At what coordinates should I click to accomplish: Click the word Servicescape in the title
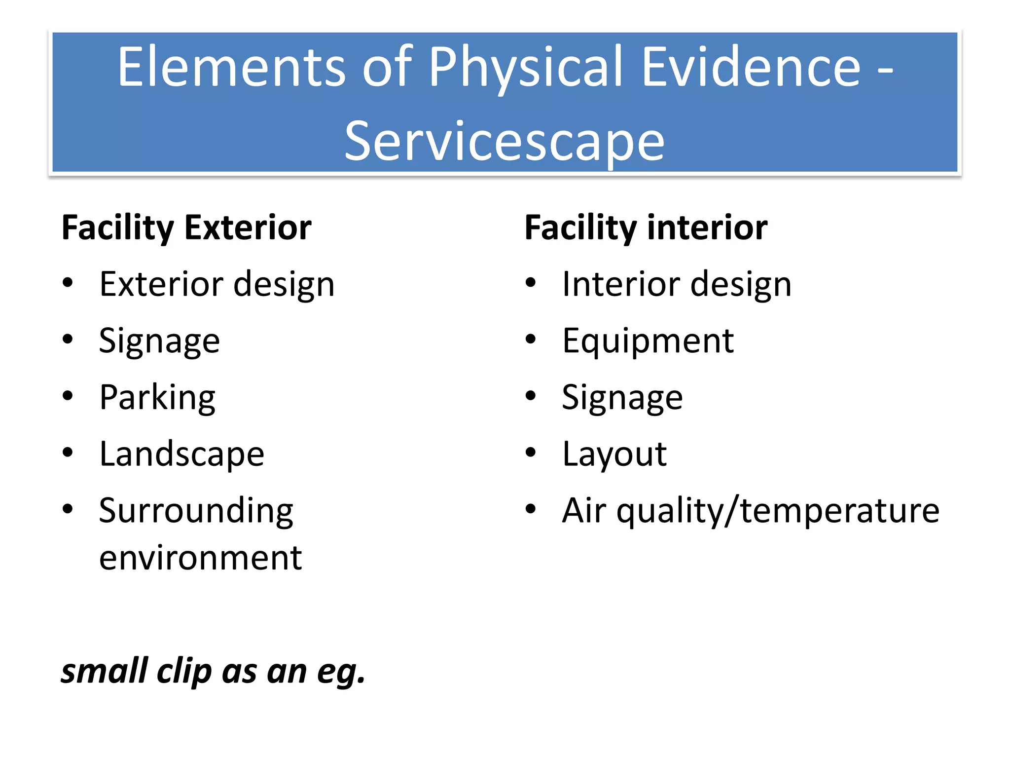click(504, 142)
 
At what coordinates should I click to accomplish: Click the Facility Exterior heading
click(186, 228)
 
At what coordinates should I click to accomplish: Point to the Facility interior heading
click(646, 228)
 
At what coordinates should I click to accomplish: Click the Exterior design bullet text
click(216, 285)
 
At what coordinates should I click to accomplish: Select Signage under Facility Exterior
click(159, 341)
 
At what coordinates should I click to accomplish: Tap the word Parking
click(157, 398)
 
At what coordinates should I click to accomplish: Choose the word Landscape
click(181, 454)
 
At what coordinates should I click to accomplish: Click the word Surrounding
click(196, 511)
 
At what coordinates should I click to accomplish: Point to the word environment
click(200, 558)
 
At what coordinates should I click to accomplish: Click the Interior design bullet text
click(677, 285)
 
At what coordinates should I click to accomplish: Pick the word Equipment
click(648, 341)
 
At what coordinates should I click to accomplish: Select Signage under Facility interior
click(622, 398)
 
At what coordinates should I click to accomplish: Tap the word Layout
click(614, 454)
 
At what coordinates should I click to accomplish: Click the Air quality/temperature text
click(750, 511)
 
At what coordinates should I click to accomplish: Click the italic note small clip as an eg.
click(213, 672)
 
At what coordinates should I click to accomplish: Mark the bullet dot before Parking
click(68, 396)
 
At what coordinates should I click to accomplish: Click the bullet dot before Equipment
click(530, 339)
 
